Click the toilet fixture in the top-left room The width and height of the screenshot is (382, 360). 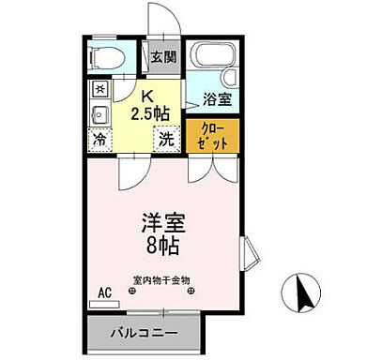point(104,58)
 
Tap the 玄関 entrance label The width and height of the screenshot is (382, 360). point(163,57)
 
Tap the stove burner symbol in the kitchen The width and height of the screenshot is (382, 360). point(99,89)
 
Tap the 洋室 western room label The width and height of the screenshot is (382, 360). point(163,225)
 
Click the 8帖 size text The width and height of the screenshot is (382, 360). point(163,249)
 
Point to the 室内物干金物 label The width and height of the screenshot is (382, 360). point(162,279)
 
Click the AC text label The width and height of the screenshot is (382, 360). point(104,291)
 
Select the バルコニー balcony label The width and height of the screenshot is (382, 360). point(145,333)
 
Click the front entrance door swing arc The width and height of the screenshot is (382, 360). point(155,23)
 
